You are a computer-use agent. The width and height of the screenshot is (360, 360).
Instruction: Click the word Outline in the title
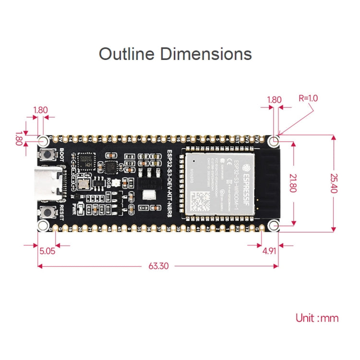[x=127, y=53]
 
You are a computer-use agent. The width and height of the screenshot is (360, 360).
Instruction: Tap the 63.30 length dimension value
[x=158, y=265]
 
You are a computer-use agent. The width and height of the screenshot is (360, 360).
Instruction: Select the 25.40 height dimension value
[x=333, y=183]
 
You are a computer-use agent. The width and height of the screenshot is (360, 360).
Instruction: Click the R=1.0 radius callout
[x=308, y=98]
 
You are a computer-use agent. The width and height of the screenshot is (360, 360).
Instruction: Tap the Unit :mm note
[x=317, y=318]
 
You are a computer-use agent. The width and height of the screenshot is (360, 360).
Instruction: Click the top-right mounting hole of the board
[x=274, y=141]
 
